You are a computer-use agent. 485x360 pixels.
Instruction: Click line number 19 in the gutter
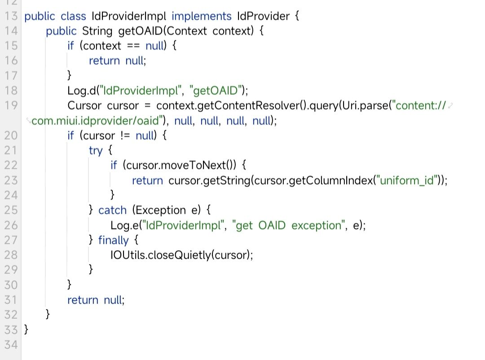point(11,105)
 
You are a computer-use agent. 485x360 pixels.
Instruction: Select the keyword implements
point(202,17)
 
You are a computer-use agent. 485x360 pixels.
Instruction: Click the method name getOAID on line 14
point(140,31)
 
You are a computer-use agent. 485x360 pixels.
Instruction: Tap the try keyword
point(96,150)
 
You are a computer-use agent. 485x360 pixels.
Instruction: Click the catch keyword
point(113,210)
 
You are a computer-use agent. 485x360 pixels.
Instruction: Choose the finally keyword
point(114,240)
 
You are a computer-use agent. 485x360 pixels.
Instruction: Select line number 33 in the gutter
point(11,329)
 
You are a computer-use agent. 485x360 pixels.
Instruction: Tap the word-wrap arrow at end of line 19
point(451,106)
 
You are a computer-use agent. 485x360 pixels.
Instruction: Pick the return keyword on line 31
point(83,300)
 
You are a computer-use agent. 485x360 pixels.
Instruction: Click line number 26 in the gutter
point(11,225)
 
